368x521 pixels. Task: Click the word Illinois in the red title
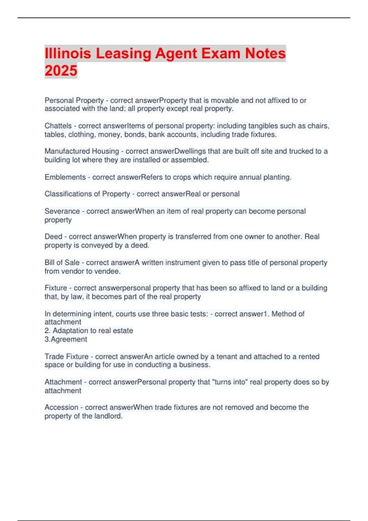(x=68, y=53)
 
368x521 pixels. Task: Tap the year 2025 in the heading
(x=61, y=70)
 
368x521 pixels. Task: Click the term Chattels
(x=58, y=126)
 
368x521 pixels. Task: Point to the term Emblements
(x=65, y=177)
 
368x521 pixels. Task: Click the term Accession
(x=61, y=407)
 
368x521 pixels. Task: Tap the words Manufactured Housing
(x=82, y=151)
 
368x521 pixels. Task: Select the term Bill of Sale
(x=62, y=263)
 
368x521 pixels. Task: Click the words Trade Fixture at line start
(x=66, y=356)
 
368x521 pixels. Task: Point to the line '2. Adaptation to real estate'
(x=89, y=331)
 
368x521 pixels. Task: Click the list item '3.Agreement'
(x=66, y=339)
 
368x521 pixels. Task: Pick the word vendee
(x=109, y=271)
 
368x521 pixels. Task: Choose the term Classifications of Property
(x=87, y=194)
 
